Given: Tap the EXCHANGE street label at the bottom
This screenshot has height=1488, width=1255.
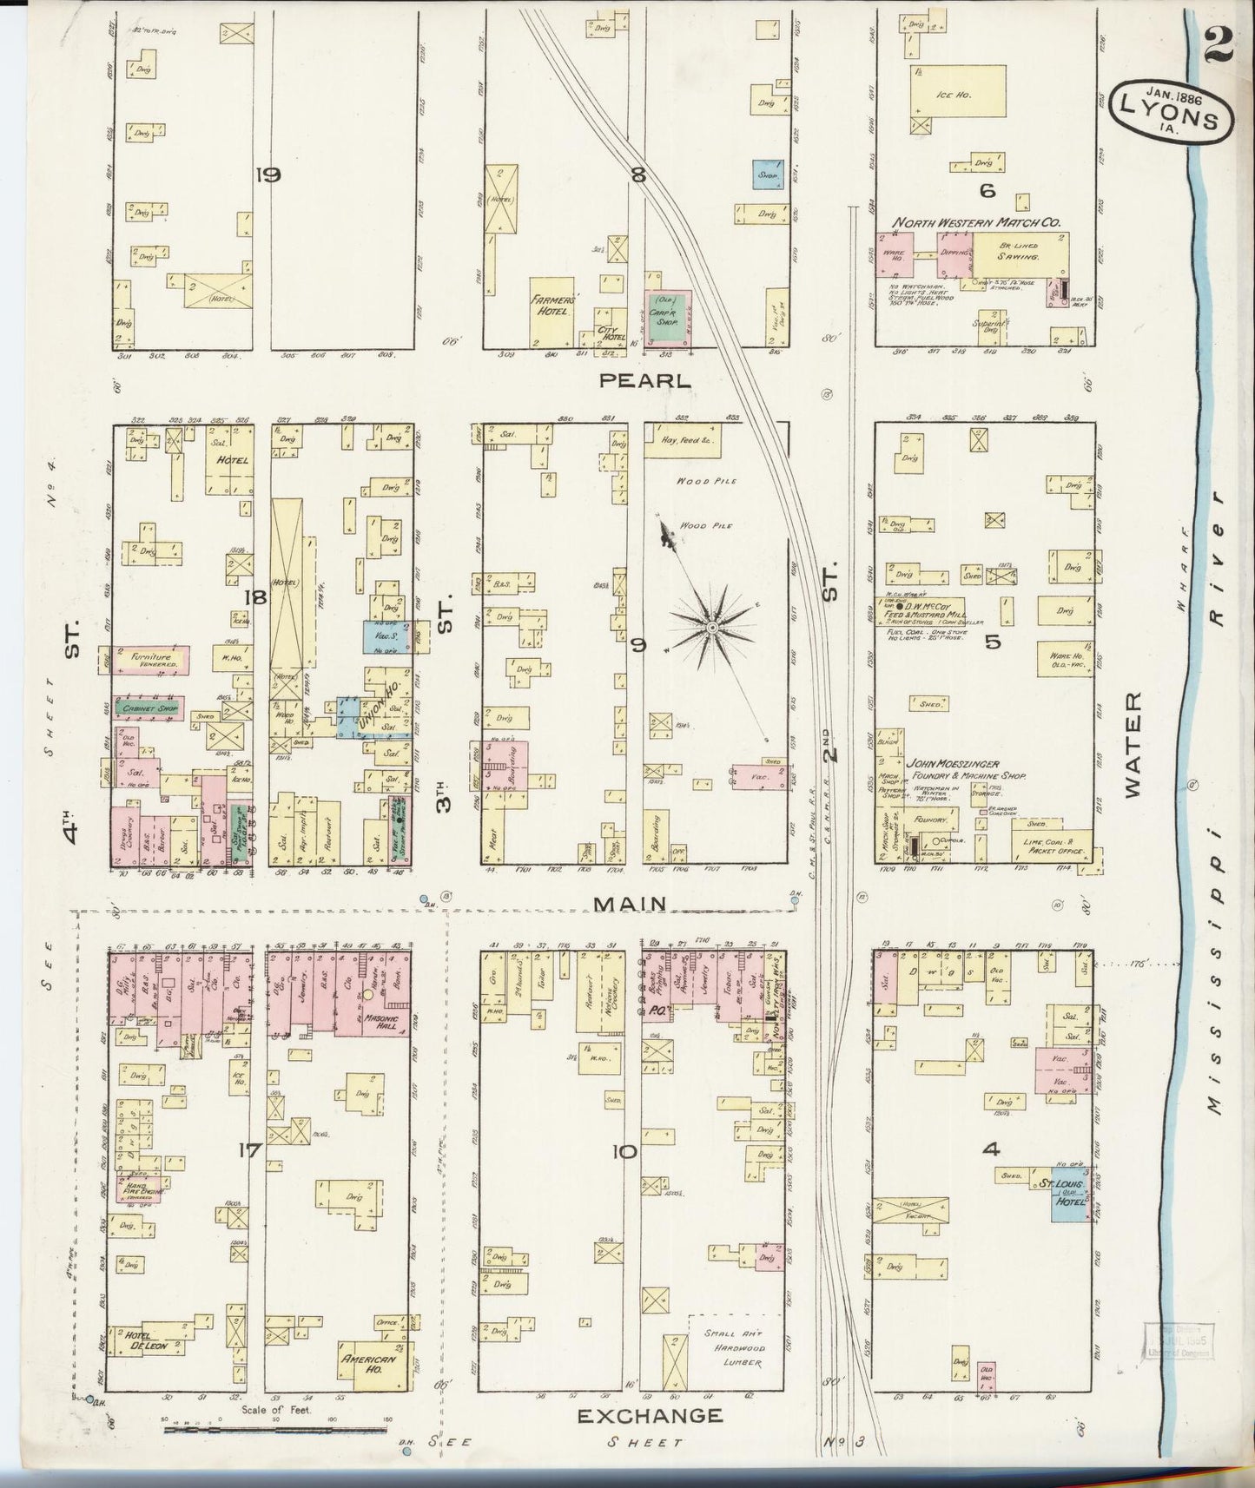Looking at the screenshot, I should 650,1416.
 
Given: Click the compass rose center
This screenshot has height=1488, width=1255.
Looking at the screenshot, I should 712,626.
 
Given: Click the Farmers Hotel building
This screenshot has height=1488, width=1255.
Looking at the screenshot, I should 551,305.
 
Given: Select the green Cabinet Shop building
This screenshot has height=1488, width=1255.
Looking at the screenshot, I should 147,708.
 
